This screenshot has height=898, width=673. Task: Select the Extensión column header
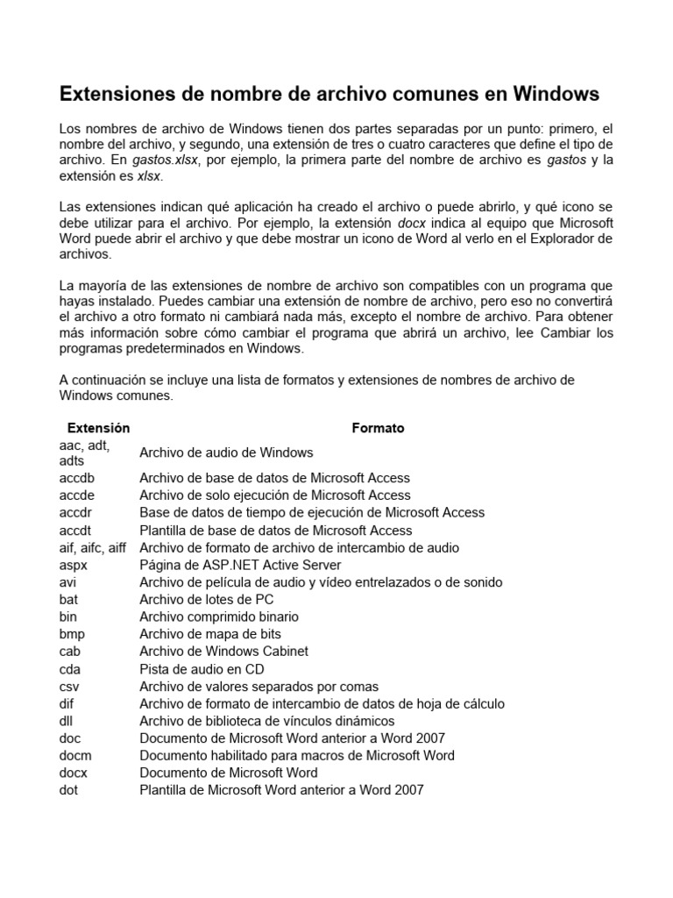(98, 428)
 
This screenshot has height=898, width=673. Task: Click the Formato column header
(378, 428)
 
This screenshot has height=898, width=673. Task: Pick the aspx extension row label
(74, 565)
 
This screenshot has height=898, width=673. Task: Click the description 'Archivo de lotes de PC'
(207, 599)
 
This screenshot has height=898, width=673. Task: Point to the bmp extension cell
(73, 634)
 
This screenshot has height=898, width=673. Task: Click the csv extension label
(70, 686)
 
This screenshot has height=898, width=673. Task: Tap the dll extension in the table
(67, 721)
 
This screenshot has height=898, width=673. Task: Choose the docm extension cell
(75, 755)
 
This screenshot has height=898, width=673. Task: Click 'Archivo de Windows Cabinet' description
(223, 652)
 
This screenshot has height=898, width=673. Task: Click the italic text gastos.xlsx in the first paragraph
(166, 160)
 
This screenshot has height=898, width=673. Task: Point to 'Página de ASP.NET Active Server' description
(240, 565)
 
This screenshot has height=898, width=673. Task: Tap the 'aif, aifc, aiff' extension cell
(93, 547)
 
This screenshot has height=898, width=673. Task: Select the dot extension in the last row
(69, 790)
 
